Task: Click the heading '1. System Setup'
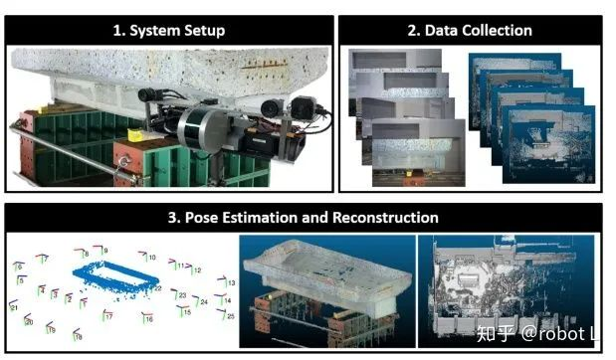pyautogui.click(x=168, y=30)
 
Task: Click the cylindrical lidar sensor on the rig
pyautogui.click(x=200, y=125)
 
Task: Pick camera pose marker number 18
pyautogui.click(x=76, y=336)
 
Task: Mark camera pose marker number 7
pyautogui.click(x=41, y=259)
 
